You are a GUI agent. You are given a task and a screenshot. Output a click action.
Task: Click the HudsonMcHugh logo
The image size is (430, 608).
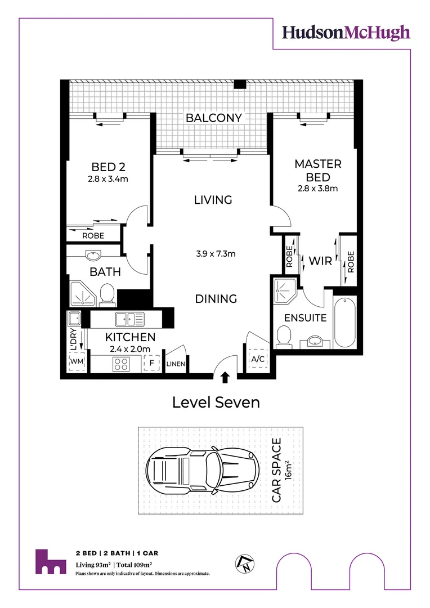346,33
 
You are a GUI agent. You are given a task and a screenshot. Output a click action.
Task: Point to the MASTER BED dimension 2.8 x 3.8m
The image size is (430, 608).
318,189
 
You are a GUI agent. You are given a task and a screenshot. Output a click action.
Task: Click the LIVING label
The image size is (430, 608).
213,200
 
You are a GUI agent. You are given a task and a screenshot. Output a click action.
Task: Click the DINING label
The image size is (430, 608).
216,299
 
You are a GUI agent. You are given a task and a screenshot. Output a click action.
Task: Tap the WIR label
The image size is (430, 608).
320,261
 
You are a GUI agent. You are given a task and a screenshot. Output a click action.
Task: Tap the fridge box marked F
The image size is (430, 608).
151,363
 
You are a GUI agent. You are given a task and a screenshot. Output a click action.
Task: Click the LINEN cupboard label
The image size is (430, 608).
176,364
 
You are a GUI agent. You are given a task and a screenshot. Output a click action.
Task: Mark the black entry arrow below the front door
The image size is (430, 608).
225,377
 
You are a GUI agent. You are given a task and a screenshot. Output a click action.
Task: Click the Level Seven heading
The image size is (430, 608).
216,403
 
